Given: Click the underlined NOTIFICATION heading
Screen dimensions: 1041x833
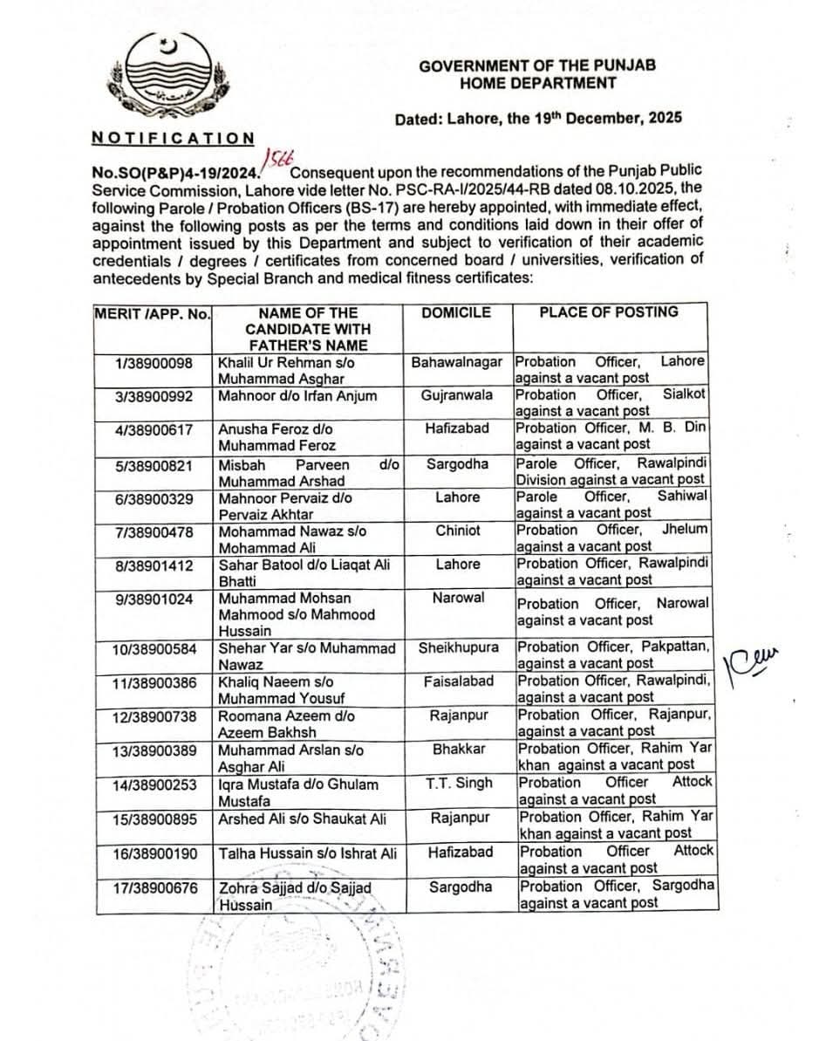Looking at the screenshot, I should [x=173, y=138].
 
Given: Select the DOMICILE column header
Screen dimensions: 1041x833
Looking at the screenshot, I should [x=455, y=312].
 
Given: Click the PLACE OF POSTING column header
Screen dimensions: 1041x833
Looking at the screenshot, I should [x=608, y=312].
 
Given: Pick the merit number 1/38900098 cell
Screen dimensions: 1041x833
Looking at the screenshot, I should [x=154, y=362].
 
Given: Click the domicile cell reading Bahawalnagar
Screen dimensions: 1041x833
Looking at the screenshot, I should [x=457, y=362].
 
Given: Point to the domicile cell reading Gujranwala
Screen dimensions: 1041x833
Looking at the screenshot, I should [x=457, y=395].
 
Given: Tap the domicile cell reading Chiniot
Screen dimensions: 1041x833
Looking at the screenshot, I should [x=458, y=531].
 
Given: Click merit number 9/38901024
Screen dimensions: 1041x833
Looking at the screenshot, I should [x=154, y=599].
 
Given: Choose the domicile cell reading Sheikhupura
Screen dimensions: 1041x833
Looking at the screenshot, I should [x=458, y=648].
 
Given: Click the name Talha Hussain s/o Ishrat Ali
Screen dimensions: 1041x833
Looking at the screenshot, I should [x=307, y=853].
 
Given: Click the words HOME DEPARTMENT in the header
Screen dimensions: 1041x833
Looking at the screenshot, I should [x=537, y=84].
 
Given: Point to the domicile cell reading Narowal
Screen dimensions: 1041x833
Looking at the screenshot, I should [x=458, y=599].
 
